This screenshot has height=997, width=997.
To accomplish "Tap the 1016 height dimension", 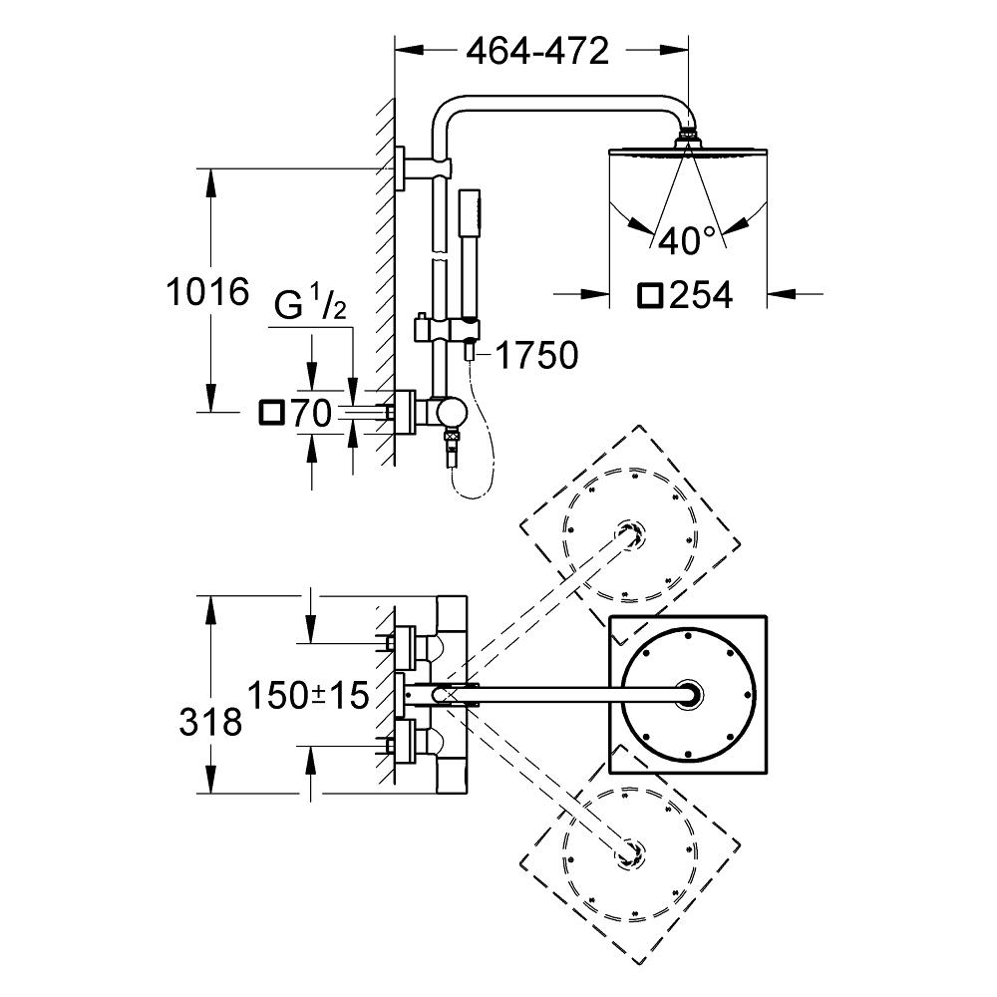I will [206, 293].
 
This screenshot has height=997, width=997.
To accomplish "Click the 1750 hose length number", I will [535, 355].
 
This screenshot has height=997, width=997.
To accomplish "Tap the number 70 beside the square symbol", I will [310, 413].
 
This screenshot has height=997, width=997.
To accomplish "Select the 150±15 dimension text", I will [309, 693].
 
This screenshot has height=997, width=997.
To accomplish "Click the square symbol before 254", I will [652, 295].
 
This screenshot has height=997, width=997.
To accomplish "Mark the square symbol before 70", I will [271, 413].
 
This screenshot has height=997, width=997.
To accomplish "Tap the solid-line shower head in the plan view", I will [688, 694].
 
